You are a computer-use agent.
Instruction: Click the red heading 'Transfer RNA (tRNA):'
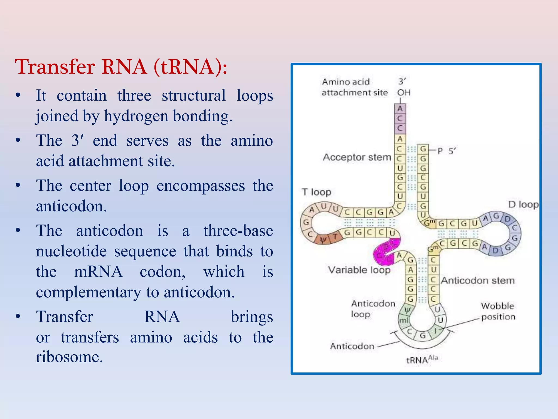[121, 67]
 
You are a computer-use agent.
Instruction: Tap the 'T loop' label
[316, 192]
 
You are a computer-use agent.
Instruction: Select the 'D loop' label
[523, 204]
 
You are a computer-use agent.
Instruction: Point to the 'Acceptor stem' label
[357, 157]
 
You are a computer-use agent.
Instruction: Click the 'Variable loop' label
[359, 270]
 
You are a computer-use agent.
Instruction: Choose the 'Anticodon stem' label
[478, 280]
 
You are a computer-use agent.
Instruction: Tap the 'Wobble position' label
[498, 311]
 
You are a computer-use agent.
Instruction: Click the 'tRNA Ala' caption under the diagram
[421, 360]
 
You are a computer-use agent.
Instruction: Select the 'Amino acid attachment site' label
[354, 87]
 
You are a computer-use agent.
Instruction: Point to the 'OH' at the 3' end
[404, 93]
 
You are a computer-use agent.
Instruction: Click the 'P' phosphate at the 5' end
[440, 151]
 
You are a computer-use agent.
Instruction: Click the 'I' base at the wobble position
[435, 331]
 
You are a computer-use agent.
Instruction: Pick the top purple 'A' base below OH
[400, 109]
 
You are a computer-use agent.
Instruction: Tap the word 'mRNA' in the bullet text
[98, 272]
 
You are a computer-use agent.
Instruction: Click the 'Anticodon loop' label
[373, 309]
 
